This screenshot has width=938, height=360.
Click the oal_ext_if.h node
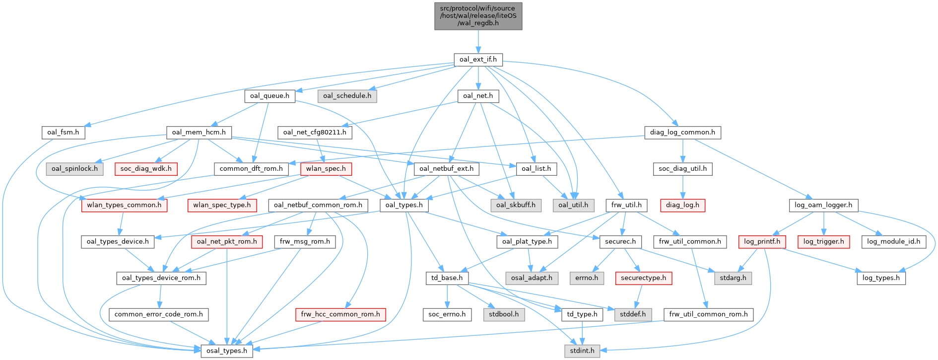(x=478, y=60)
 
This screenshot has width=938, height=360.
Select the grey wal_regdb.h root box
(x=478, y=16)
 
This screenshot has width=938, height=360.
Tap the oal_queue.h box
(x=269, y=96)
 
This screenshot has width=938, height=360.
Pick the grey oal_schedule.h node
(x=347, y=96)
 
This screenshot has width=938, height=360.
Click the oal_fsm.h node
(x=63, y=133)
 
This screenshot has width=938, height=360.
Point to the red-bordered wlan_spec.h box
(x=326, y=169)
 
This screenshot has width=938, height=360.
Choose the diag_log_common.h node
(x=682, y=133)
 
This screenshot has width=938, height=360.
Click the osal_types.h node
(x=226, y=351)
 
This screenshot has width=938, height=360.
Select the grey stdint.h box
(x=582, y=351)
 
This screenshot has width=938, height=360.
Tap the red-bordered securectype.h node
(x=644, y=278)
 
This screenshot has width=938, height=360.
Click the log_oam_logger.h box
(x=823, y=205)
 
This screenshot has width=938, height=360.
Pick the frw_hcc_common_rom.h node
(x=340, y=314)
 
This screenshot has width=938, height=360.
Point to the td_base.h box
(x=447, y=278)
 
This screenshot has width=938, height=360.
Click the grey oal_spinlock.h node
(x=75, y=169)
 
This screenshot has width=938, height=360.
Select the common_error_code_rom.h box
(x=159, y=314)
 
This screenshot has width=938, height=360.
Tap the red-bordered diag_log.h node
(x=682, y=205)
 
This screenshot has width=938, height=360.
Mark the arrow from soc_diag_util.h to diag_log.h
(x=682, y=187)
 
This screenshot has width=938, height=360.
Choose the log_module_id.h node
(x=893, y=242)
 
